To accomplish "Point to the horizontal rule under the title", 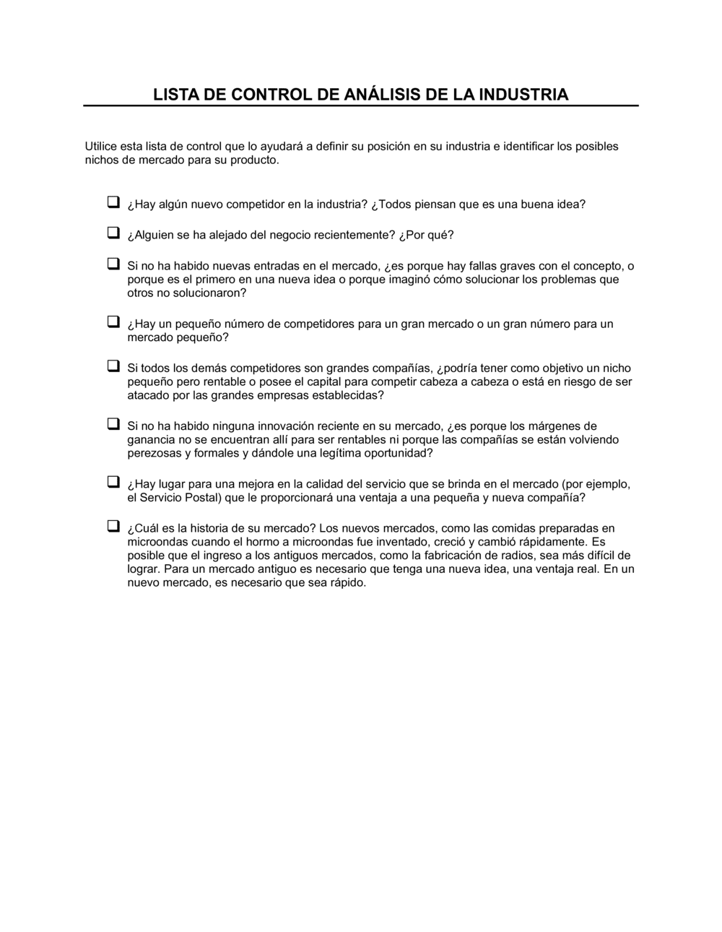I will (361, 105).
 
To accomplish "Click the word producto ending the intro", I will (253, 160).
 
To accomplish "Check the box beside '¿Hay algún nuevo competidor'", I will (113, 202).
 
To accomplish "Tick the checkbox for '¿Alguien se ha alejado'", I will (113, 233).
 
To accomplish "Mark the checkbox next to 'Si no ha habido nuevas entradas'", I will (113, 264).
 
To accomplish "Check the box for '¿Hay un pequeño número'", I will (113, 322).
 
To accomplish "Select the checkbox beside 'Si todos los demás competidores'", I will (113, 366).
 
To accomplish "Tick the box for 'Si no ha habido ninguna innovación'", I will (113, 425).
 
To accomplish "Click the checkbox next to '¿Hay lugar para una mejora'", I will (113, 483).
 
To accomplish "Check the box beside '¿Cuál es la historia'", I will (113, 527).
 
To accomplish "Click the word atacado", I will (148, 396).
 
